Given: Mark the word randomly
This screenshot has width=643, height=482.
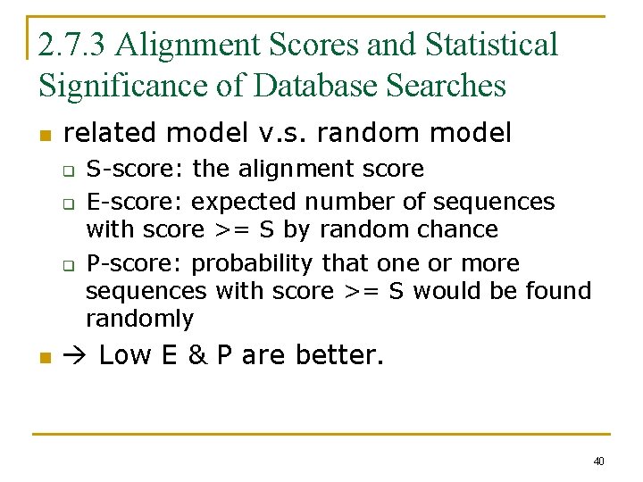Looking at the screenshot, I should (x=139, y=319).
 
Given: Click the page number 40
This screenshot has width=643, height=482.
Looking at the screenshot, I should (x=598, y=461).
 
